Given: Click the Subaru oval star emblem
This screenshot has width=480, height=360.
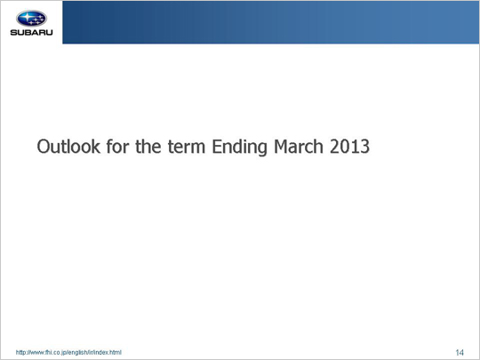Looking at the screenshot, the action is [x=31, y=19].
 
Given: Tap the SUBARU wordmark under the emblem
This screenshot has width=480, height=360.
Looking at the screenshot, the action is [x=31, y=33].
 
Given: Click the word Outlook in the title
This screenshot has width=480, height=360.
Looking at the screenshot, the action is [x=68, y=147].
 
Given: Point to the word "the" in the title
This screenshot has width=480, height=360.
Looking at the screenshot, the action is [x=148, y=147].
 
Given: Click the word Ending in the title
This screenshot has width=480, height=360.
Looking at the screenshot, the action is [x=240, y=148].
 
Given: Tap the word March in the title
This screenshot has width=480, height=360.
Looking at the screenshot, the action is [x=299, y=147].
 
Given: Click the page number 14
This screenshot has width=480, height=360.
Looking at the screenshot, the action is [x=460, y=353].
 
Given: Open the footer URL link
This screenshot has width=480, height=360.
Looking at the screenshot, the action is [x=68, y=352].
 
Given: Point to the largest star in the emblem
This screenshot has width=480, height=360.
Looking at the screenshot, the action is [x=26, y=17].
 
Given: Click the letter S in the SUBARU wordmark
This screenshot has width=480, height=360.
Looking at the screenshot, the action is [x=13, y=33].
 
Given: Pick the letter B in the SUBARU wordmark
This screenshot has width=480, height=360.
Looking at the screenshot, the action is [x=28, y=33].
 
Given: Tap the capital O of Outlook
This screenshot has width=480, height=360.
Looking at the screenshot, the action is [x=44, y=147].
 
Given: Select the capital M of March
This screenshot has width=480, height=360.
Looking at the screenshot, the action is [x=281, y=147].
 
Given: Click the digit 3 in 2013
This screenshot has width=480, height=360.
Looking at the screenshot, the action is [x=365, y=147].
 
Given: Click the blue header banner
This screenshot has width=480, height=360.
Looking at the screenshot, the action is [x=271, y=22].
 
